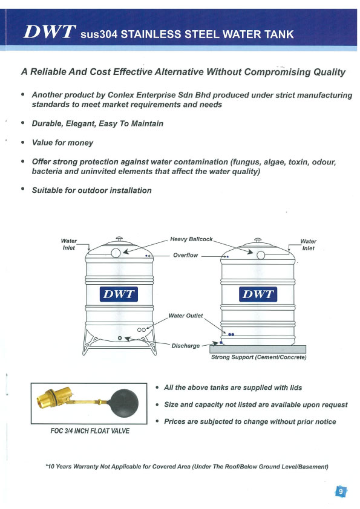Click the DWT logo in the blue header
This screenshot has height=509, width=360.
coord(50,32)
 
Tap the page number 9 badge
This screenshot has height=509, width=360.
coord(341,491)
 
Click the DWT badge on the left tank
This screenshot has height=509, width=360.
coord(119,294)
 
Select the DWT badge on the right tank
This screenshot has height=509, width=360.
coord(258,294)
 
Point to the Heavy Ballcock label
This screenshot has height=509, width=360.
coord(191,239)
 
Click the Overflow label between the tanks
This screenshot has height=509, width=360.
coord(185,255)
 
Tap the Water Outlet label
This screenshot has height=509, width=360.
coord(185,316)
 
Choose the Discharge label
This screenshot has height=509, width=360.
coord(186,346)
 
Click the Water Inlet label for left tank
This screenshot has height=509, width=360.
coord(68,244)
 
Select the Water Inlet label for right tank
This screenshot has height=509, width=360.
coord(308,245)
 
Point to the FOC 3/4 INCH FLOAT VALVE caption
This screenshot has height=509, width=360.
coord(90,431)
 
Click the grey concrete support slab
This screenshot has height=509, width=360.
coord(258,349)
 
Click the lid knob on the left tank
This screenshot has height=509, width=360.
coord(119,239)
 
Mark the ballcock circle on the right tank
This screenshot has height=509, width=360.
coord(261,255)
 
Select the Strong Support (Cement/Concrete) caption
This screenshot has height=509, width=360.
coord(258,357)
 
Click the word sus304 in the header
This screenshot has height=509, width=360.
coord(99,34)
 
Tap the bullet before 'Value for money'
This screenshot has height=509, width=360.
coord(23,142)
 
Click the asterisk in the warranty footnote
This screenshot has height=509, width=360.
coord(47,465)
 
